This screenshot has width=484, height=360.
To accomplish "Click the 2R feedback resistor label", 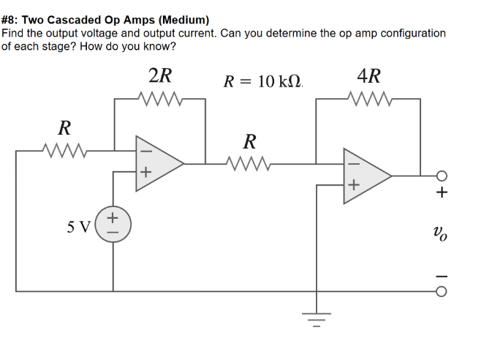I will pyautogui.click(x=160, y=76).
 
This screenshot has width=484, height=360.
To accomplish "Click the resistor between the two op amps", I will pyautogui.click(x=249, y=162).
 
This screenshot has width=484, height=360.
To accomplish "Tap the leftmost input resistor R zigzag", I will pyautogui.click(x=64, y=151).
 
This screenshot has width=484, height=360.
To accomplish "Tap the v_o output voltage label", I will pyautogui.click(x=442, y=233).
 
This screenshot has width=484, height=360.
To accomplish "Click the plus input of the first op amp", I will pyautogui.click(x=145, y=173).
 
